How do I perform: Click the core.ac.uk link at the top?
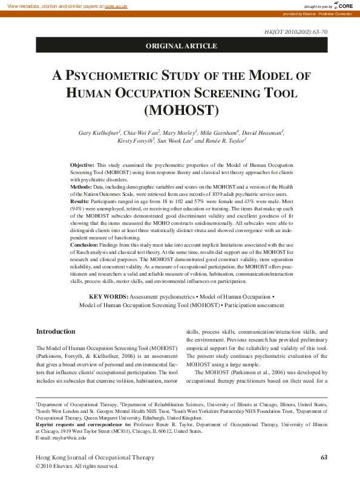point(116,5)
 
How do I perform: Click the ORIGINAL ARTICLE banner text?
point(181,46)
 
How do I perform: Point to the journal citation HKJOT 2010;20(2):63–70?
point(296,31)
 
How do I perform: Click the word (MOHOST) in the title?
point(181,111)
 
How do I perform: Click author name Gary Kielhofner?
point(99,132)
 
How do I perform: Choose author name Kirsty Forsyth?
point(135,140)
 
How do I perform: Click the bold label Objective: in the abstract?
point(82,164)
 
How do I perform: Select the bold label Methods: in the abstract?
point(82,187)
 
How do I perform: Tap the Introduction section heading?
point(56,332)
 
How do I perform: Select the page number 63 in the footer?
point(324,457)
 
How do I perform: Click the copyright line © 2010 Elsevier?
point(77,466)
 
